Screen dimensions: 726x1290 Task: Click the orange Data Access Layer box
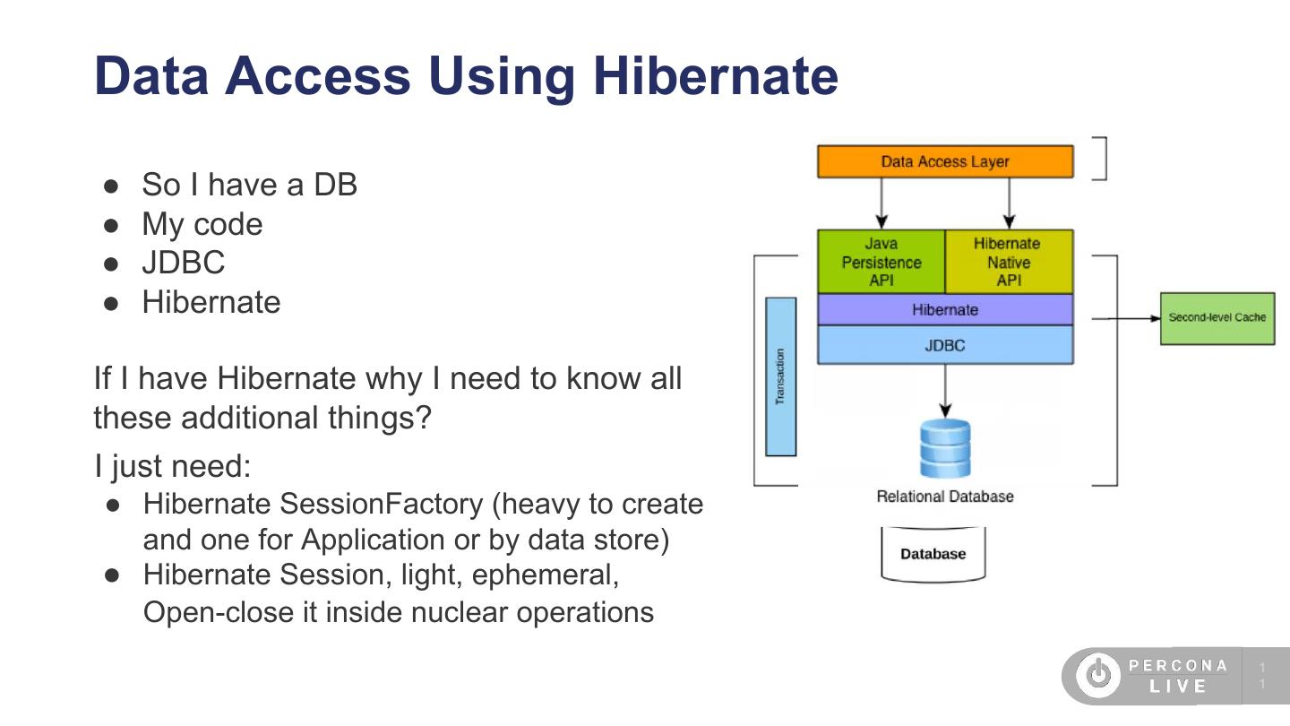945,162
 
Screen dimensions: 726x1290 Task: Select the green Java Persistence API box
881,262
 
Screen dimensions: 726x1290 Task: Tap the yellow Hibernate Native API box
1009,262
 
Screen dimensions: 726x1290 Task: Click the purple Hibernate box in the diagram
945,310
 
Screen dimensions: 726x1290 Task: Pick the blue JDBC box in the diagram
945,345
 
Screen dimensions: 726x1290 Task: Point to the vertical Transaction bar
780,376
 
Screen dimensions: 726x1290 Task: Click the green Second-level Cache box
1217,317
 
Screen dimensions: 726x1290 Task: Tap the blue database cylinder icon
945,448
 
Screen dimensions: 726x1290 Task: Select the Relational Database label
945,497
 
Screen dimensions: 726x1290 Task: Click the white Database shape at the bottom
933,554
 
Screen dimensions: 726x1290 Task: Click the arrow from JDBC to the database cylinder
945,390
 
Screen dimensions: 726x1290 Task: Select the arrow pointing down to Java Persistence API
882,202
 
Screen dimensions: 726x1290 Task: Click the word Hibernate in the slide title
715,75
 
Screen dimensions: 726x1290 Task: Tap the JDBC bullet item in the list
183,263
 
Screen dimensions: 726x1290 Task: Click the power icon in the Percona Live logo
1098,676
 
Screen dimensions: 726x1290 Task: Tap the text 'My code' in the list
202,224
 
